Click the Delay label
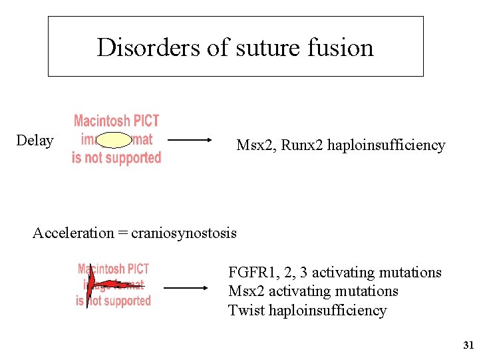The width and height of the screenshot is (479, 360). point(35,140)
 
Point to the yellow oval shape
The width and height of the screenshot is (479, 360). point(116,140)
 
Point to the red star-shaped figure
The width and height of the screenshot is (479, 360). point(93,287)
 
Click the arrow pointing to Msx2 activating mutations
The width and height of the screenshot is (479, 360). point(186,288)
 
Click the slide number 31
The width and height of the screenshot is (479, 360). point(468,345)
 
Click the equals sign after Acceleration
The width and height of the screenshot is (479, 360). point(122,233)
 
